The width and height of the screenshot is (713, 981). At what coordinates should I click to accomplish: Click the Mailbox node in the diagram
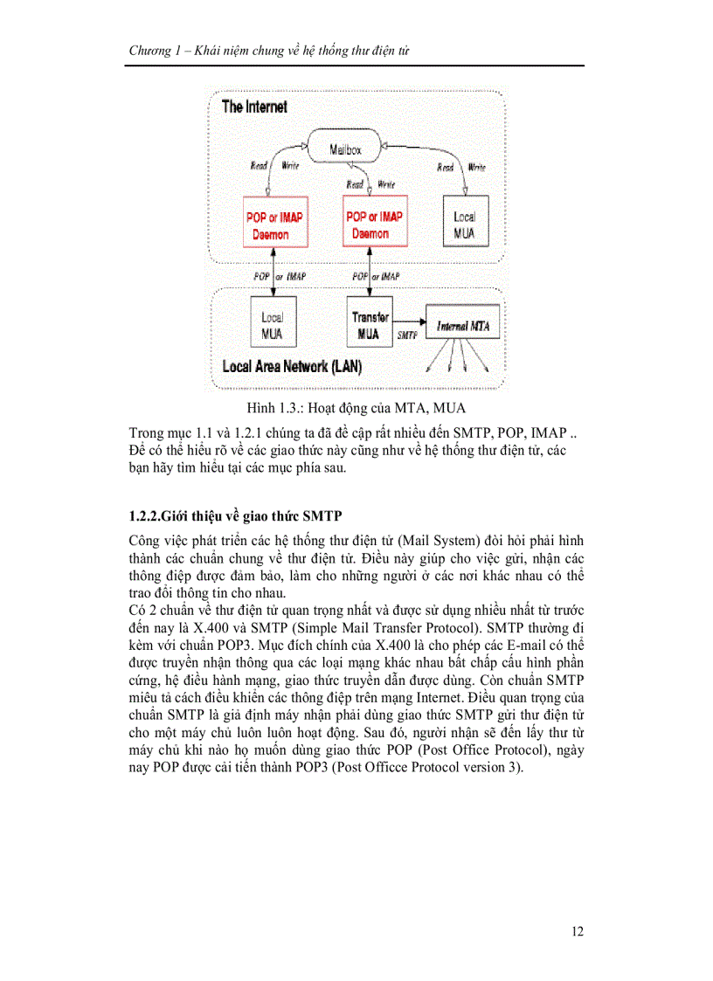[344, 149]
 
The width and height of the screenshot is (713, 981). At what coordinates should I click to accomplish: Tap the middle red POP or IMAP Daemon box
[374, 225]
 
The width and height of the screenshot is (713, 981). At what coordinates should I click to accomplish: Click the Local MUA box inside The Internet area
[464, 225]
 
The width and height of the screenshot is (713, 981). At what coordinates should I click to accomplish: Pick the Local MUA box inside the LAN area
[272, 324]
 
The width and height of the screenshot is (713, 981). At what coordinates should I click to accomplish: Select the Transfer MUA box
[370, 325]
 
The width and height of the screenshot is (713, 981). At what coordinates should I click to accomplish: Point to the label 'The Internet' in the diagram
[254, 107]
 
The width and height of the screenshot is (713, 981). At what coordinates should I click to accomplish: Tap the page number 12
[578, 931]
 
